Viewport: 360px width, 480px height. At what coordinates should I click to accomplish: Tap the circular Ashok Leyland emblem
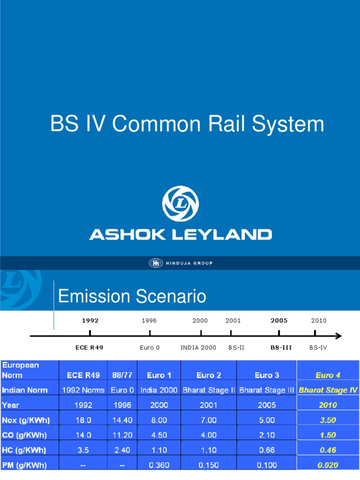tap(180, 204)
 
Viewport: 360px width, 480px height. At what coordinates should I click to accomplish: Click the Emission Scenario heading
tap(132, 296)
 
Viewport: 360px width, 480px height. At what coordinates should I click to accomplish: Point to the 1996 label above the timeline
tap(149, 321)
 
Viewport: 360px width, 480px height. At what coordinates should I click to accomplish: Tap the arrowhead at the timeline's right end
tap(338, 336)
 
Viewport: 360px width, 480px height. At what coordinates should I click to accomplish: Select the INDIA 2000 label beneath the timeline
tap(198, 348)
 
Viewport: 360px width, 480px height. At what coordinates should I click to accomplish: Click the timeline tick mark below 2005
tap(279, 333)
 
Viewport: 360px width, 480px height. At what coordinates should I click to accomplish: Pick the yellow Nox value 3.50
tap(328, 420)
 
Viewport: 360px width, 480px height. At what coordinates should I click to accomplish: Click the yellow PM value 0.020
tap(328, 465)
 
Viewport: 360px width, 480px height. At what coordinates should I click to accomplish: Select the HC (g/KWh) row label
tap(24, 450)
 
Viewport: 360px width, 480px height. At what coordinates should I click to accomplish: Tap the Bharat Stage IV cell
tap(328, 390)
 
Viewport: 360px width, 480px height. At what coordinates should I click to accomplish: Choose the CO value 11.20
tap(122, 435)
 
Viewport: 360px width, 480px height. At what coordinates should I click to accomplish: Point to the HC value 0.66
tap(267, 450)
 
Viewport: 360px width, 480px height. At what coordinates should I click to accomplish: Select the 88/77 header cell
tap(122, 375)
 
